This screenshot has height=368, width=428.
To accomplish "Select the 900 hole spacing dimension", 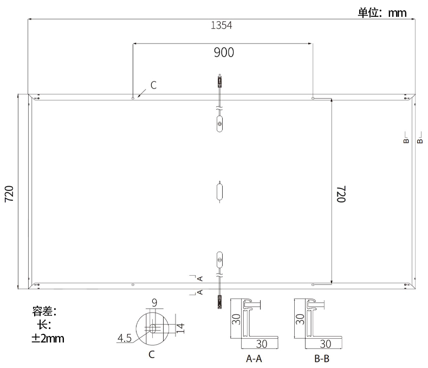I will pos(223,52).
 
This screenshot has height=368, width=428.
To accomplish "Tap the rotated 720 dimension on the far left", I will pos(9,194).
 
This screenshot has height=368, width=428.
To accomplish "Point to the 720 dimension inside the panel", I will pos(341,194).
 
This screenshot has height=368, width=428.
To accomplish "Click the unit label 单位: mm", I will pos(382,12).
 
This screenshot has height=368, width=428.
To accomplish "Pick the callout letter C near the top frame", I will pos(153,85).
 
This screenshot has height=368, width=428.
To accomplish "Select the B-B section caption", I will pos(321,359).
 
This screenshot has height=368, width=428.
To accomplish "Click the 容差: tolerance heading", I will pos(44,312).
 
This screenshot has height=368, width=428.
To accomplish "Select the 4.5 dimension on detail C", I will pos(125,339).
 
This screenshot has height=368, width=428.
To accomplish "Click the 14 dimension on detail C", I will pos(181,327).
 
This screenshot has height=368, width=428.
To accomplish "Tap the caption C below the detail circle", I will pos(152,354).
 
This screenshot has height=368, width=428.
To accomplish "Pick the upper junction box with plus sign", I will pos(219,124).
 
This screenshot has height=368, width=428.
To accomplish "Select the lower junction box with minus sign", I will pos(219,259).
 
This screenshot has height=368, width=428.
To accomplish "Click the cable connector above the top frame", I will pos(219,82).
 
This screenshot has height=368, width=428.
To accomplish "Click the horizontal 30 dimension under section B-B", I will pos(326,344).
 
